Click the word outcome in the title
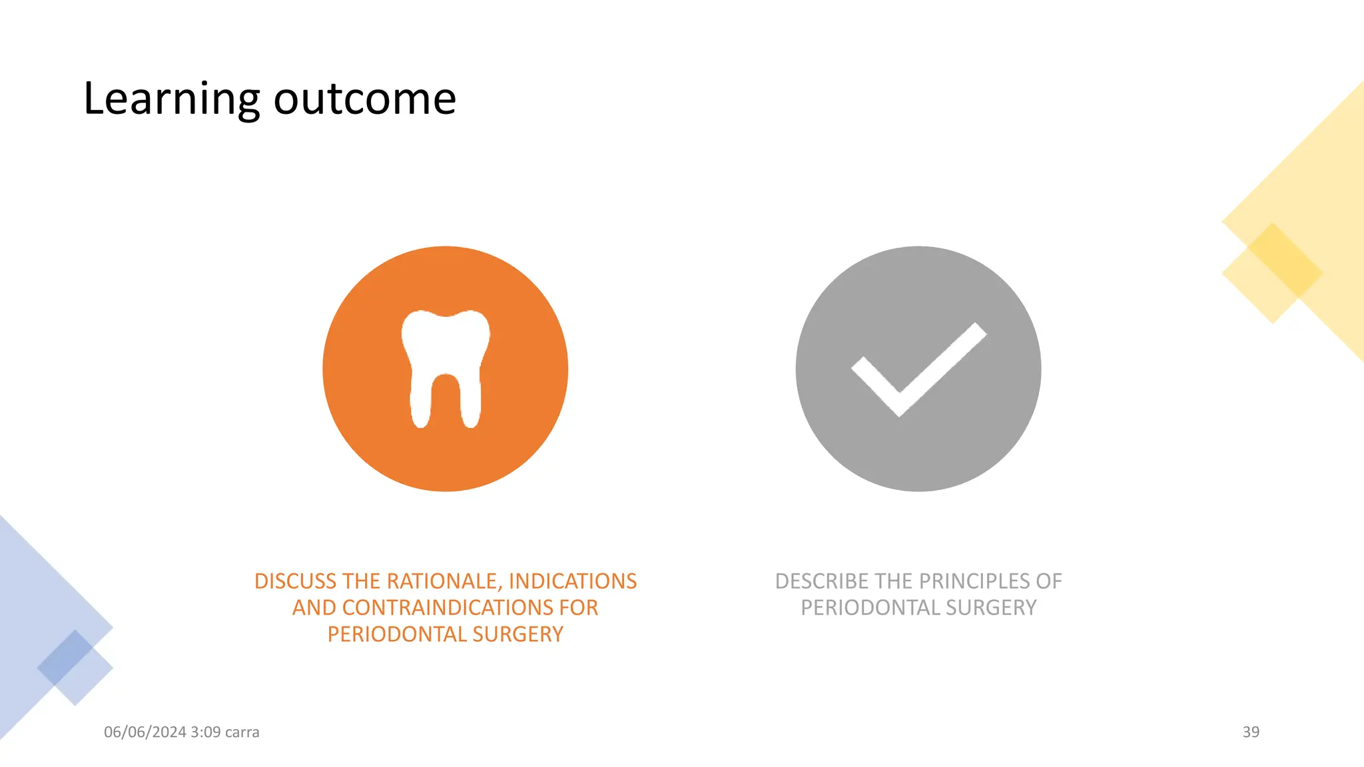point(364,99)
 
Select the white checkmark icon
point(918,370)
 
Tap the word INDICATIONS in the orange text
point(573,581)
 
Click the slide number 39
point(1251,732)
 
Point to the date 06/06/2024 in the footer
point(145,732)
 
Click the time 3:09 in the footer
point(205,732)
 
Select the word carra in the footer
point(242,732)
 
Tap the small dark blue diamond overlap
point(65,657)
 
